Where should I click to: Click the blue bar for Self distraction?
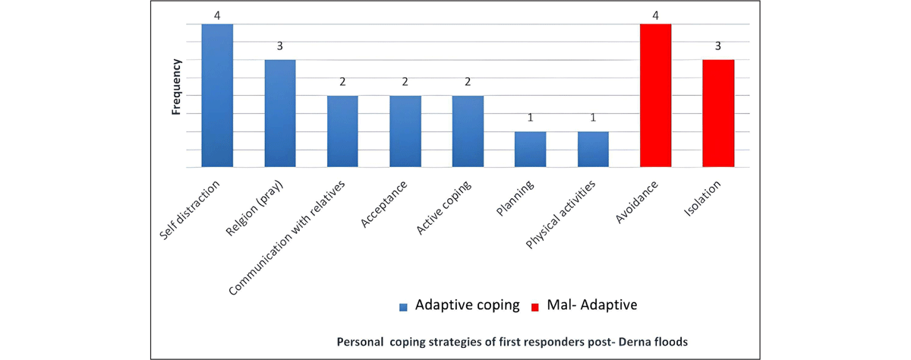pyautogui.click(x=217, y=96)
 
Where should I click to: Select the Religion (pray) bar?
pyautogui.click(x=279, y=113)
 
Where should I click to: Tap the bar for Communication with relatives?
pyautogui.click(x=342, y=131)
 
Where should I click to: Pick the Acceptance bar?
pyautogui.click(x=405, y=131)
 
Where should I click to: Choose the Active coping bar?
pyautogui.click(x=468, y=131)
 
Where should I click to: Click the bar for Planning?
pyautogui.click(x=530, y=150)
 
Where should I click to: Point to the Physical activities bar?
pyautogui.click(x=593, y=150)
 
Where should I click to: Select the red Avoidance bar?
pyautogui.click(x=655, y=96)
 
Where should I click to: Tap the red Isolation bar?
pyautogui.click(x=718, y=113)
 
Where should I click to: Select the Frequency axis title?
pyautogui.click(x=176, y=87)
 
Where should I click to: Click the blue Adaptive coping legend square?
pyautogui.click(x=405, y=306)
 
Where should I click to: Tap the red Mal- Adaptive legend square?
pyautogui.click(x=534, y=306)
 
